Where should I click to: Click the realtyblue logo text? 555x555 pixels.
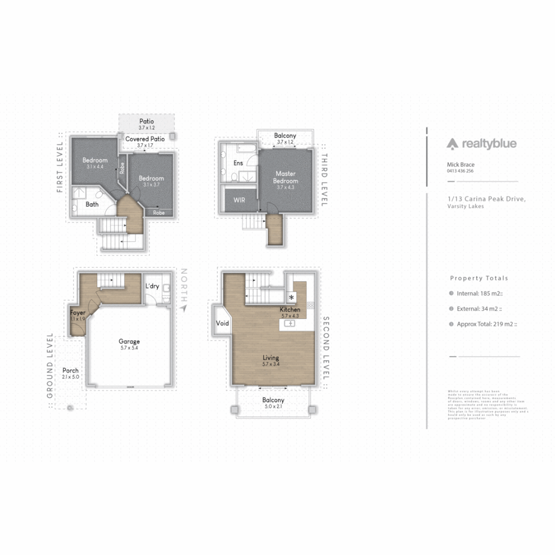pos(489,144)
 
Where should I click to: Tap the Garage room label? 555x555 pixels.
pos(129,341)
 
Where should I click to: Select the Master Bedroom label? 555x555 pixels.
pos(285,177)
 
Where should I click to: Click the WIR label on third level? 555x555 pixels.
pos(239,199)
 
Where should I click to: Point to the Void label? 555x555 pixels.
pos(222,324)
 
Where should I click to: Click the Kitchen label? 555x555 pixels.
pos(290,310)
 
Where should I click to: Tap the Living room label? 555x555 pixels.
pos(271,358)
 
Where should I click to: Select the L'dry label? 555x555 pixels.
pos(152,286)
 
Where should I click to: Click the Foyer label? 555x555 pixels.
pos(78,312)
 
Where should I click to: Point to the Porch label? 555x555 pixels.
pos(70,371)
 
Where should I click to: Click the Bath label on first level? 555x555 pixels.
pos(92,204)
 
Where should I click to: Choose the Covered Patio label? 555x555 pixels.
pos(145,139)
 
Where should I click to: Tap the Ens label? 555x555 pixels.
pos(238,163)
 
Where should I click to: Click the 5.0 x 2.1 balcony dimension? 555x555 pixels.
pos(273,406)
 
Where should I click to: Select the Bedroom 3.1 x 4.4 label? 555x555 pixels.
pos(95,160)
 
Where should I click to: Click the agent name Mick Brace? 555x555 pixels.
pos(461,164)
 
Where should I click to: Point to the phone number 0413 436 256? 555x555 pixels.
pos(460,171)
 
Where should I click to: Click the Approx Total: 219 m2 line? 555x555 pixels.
pos(487,324)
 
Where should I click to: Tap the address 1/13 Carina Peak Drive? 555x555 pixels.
pos(486,199)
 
